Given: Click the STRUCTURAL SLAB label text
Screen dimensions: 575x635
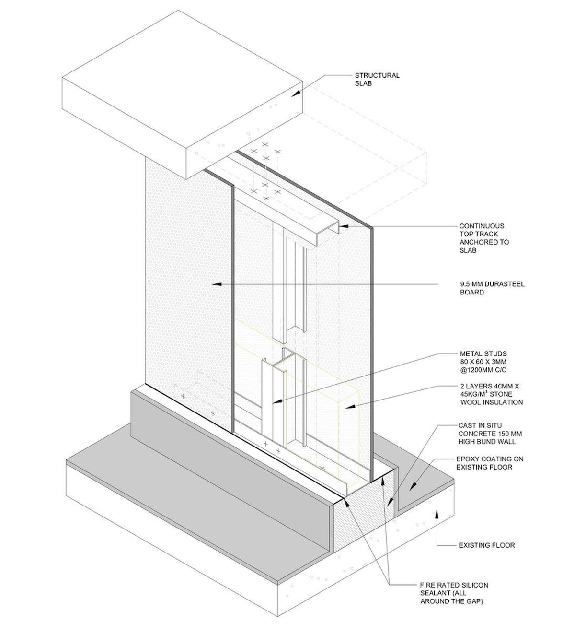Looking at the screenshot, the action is pos(377,80).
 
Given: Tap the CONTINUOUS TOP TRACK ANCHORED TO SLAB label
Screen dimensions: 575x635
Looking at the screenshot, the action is pos(484,238).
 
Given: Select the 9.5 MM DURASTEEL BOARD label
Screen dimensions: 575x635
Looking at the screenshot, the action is pos(492,288).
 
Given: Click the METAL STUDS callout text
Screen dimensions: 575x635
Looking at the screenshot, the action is pos(483,362).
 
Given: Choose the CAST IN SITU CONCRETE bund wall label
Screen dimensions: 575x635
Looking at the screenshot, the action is pos(490,434).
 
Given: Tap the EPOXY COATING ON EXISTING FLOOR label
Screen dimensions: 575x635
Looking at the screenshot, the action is pos(489,463).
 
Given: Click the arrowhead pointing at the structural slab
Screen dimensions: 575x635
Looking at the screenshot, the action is pos(296,93).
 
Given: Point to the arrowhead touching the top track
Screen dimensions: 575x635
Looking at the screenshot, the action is pos(344,226).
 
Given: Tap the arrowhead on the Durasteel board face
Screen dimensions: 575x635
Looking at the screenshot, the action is pos(216,284).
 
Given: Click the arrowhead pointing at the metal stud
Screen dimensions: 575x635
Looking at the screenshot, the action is pos(277,402).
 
